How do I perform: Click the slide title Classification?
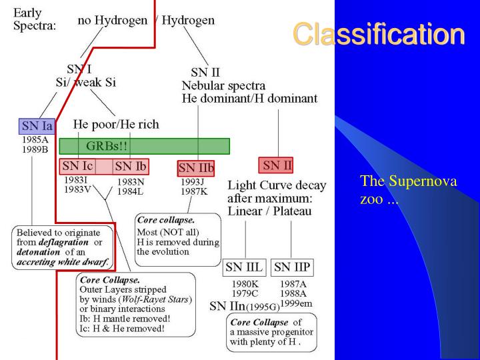click(378, 34)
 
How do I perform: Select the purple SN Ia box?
click(36, 126)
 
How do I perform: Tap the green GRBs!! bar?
click(144, 146)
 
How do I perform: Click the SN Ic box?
click(77, 166)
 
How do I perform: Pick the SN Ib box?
click(131, 166)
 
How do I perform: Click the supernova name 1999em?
click(295, 303)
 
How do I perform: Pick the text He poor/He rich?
click(116, 125)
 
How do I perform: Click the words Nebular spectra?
click(223, 85)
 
